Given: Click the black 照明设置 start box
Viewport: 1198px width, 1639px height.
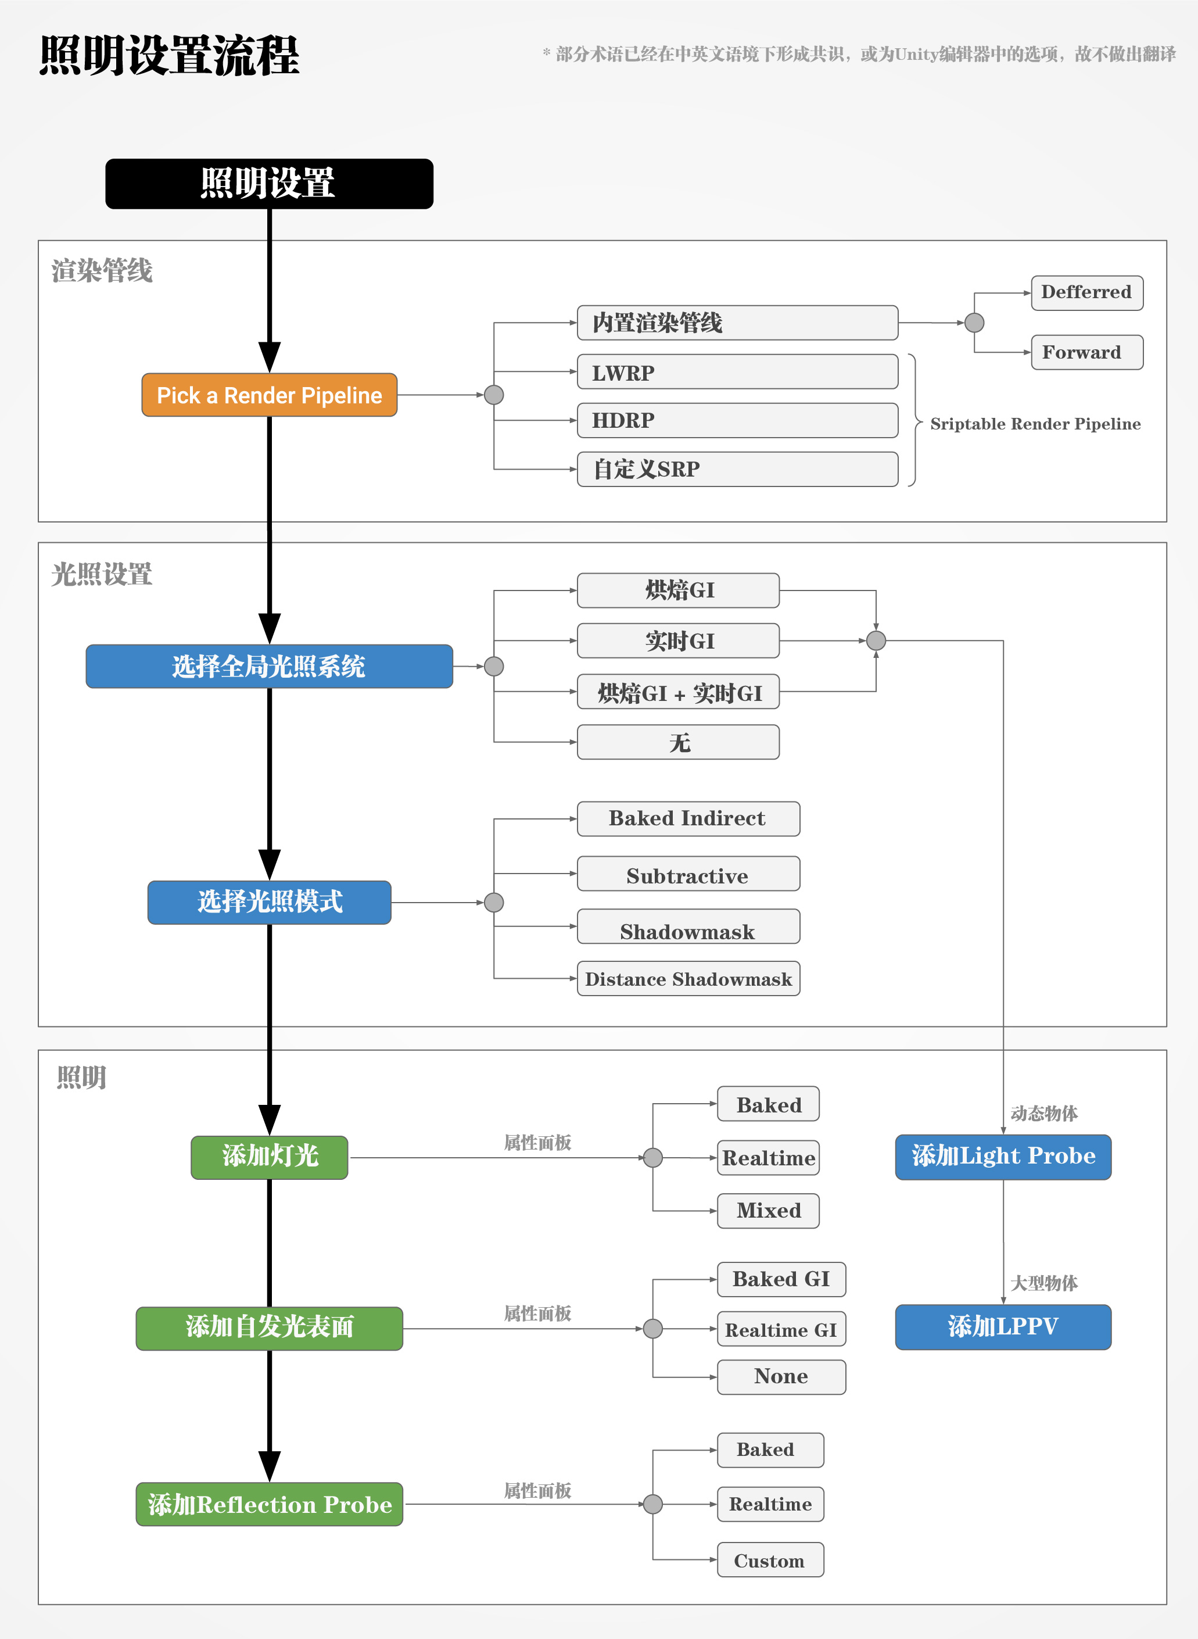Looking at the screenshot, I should [x=269, y=184].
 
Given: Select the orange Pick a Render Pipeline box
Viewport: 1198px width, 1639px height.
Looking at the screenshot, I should [x=269, y=395].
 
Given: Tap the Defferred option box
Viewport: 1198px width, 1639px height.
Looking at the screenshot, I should [x=1086, y=292].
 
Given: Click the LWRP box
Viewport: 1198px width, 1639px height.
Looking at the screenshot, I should [x=737, y=372].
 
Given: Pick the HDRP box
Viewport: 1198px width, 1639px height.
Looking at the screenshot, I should [x=737, y=420].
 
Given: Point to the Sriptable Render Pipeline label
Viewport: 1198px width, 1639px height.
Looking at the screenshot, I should [x=1035, y=424].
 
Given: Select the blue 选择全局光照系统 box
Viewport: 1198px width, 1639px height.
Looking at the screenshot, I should [x=269, y=666].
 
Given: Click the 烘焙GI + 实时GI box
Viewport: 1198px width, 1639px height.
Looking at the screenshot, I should [x=678, y=692].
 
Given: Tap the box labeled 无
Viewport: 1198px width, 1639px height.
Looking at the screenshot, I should [x=678, y=742].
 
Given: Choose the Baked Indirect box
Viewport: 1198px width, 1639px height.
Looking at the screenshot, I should [x=687, y=818].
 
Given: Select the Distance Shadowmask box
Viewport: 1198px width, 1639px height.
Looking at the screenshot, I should [x=687, y=979].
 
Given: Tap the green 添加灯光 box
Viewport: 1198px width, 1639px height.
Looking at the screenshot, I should [x=269, y=1157].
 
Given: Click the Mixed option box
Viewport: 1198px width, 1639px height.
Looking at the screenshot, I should [x=768, y=1210].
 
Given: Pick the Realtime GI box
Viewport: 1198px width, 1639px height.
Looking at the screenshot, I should [x=781, y=1329].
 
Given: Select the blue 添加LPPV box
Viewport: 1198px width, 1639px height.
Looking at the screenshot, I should [x=1002, y=1327].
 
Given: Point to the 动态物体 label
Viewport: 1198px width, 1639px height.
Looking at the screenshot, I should [x=1043, y=1113].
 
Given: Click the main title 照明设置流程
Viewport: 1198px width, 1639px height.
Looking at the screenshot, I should [x=169, y=55].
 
